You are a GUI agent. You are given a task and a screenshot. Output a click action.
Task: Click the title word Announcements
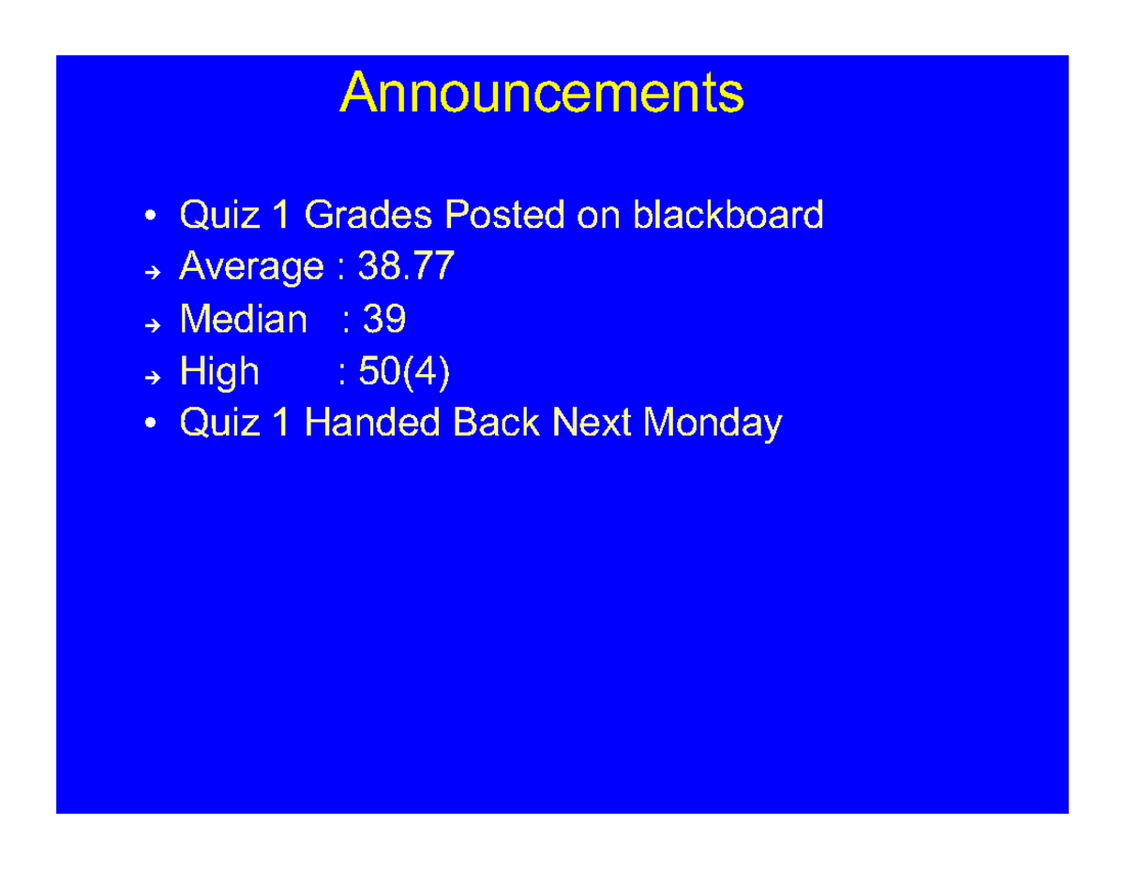542,94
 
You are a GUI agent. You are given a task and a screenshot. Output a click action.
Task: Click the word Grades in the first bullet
368,216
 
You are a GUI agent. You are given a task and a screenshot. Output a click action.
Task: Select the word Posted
504,216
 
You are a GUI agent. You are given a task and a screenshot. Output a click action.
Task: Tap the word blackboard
728,216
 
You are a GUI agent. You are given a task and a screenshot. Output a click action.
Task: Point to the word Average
251,268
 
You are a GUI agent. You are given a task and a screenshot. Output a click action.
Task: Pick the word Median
243,321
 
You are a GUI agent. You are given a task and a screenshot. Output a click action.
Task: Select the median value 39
384,321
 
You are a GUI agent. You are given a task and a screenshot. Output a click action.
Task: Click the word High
219,373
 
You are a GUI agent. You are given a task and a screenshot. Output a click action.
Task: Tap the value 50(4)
404,373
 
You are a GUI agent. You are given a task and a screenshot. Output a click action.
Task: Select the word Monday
712,424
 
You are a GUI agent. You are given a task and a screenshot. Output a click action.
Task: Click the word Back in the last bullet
496,424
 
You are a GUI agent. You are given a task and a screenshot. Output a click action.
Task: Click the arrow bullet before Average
153,272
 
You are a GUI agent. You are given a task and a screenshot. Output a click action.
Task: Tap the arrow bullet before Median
153,324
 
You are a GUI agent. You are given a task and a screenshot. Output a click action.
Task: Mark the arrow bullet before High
153,377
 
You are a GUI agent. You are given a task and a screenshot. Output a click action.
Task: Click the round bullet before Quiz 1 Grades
151,217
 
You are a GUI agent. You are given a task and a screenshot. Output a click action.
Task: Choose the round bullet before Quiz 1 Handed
151,426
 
